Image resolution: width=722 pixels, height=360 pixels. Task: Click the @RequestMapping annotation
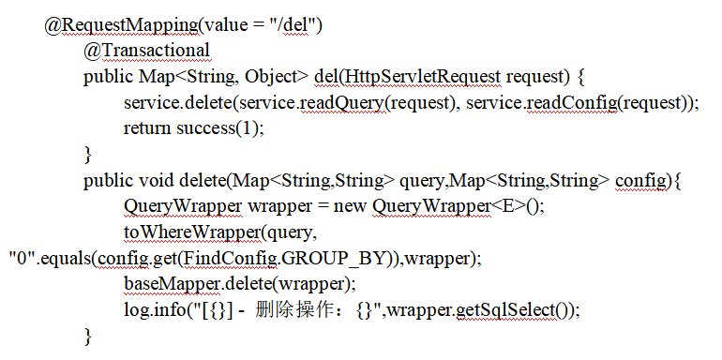pyautogui.click(x=122, y=25)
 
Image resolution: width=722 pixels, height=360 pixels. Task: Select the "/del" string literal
pyautogui.click(x=294, y=24)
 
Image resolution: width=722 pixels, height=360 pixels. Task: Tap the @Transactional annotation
pyautogui.click(x=147, y=51)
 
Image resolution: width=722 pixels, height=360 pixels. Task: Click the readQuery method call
pyautogui.click(x=341, y=103)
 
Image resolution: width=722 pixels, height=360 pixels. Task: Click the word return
pyautogui.click(x=147, y=128)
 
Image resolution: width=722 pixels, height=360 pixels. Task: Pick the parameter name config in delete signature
pyautogui.click(x=640, y=181)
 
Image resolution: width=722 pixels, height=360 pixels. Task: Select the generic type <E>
pyautogui.click(x=507, y=206)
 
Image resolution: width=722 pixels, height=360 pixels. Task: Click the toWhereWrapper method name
pyautogui.click(x=192, y=232)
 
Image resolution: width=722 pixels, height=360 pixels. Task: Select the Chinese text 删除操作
pyautogui.click(x=293, y=310)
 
